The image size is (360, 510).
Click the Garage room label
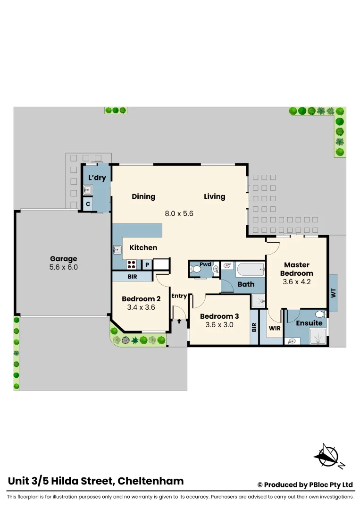63,259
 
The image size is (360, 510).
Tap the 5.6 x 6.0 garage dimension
63,267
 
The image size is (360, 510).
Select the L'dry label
97,178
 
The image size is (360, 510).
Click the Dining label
143,196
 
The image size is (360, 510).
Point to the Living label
214,196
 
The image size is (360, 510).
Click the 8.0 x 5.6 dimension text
179,213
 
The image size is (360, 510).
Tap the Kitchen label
143,247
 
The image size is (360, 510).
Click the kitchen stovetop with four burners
131,265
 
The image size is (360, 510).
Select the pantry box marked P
147,265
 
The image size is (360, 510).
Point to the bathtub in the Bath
250,270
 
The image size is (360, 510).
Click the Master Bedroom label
296,269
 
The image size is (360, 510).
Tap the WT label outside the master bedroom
333,293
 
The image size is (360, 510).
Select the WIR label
275,328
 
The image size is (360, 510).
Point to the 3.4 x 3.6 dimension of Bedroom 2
141,307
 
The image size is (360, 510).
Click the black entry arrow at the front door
179,322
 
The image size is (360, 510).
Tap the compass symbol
327,455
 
